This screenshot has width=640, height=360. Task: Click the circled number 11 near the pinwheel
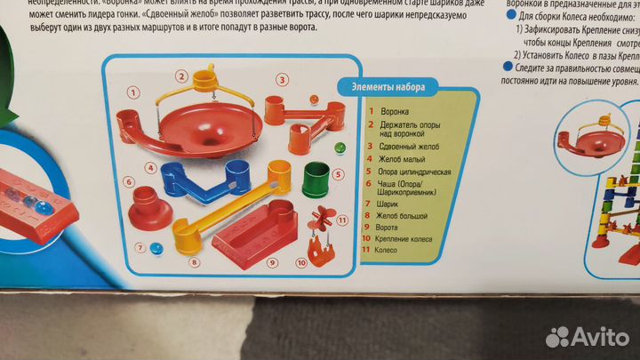coord(341,219)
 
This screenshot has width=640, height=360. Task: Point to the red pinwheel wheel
coord(322,219)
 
